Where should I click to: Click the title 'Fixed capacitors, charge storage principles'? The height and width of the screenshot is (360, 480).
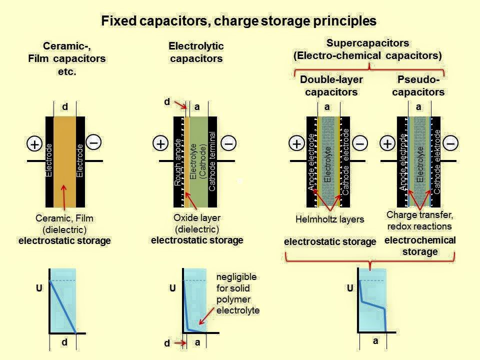point(239,21)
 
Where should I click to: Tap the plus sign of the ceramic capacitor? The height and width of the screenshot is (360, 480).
point(34,144)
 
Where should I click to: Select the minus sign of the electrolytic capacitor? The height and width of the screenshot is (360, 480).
point(228,143)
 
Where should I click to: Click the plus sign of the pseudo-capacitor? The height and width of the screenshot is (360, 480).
point(387,143)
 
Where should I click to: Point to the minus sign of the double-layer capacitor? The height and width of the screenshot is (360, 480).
point(360,143)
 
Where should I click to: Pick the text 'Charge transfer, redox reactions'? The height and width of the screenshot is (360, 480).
point(419,220)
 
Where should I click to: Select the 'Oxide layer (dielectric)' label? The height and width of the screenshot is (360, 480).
point(197,223)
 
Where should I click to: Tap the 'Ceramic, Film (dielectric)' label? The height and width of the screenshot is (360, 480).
point(64,223)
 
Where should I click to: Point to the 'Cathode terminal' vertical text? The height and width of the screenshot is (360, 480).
point(212,161)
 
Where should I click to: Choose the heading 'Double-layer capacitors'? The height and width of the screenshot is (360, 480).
point(331,85)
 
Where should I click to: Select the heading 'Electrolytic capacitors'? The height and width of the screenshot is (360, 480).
point(196,52)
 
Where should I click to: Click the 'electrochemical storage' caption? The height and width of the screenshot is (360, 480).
point(420,245)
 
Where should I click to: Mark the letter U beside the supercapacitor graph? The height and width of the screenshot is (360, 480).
point(349,288)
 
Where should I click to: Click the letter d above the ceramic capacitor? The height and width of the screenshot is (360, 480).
point(64,106)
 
